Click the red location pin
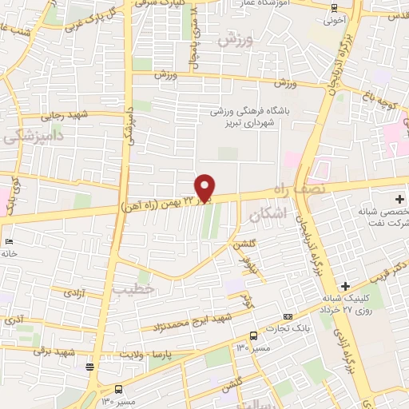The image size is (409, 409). click(x=205, y=188)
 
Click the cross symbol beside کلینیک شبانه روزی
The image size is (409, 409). click(x=345, y=286)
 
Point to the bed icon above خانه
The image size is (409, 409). click(x=9, y=240)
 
